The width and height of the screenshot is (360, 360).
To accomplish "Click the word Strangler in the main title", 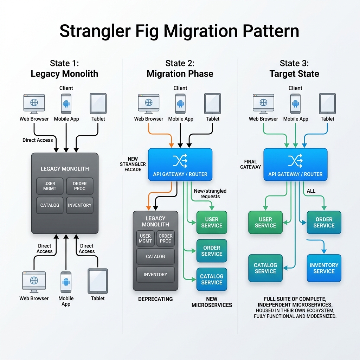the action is (x=95, y=31).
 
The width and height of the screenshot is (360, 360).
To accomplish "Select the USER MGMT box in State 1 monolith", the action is (x=50, y=186).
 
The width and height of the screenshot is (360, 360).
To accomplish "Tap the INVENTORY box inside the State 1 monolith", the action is (x=80, y=205).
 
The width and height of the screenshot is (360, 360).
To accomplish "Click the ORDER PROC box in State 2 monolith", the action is (x=166, y=239).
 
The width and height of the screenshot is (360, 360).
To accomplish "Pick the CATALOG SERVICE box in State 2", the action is (x=212, y=279).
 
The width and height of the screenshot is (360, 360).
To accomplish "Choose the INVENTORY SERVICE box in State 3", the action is (x=324, y=268).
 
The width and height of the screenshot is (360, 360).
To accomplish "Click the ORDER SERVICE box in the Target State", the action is (x=324, y=222).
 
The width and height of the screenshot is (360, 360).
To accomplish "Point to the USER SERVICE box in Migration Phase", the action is (x=212, y=222).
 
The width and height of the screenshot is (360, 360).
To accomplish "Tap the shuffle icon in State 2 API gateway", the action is (x=180, y=160).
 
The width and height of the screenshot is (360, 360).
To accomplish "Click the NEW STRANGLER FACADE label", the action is (x=133, y=164).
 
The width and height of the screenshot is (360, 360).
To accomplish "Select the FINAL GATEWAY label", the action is (x=250, y=164).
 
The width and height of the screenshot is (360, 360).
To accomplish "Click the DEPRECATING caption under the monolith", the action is (x=155, y=299).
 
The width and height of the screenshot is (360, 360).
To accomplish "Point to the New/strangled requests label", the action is (x=210, y=194).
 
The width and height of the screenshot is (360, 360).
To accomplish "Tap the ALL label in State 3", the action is (x=311, y=191).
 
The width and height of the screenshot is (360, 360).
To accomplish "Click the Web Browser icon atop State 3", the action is (x=263, y=104).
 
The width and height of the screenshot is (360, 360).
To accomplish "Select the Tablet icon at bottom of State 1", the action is (x=98, y=281).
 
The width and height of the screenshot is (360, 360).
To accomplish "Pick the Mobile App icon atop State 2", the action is (x=180, y=104).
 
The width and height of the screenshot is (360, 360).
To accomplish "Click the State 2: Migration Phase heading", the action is (x=180, y=69).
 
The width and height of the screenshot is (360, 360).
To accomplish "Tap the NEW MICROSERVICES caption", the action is (x=212, y=302).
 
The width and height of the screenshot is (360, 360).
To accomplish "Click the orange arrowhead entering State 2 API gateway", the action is (x=171, y=145).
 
